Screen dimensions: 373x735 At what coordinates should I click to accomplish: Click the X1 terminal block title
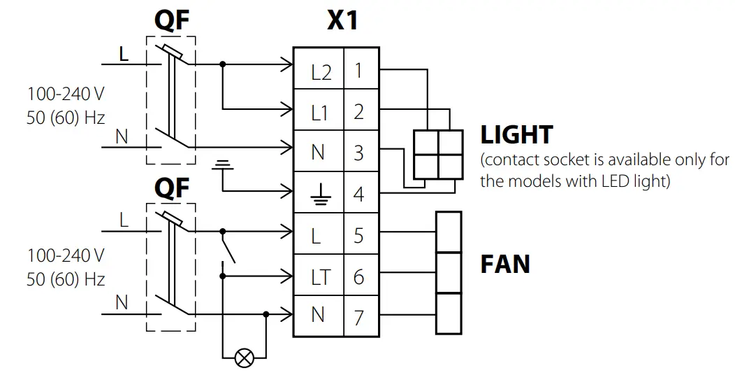[x=342, y=21]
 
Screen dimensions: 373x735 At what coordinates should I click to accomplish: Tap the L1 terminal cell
[x=319, y=112]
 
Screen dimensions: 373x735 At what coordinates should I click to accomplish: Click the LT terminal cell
[x=319, y=276]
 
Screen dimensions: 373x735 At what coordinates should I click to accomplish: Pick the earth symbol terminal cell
[x=319, y=194]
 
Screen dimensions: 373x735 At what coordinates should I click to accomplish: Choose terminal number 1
[x=358, y=71]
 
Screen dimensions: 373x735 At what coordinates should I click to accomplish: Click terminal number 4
[x=358, y=194]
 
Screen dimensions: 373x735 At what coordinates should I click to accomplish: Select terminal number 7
[x=358, y=317]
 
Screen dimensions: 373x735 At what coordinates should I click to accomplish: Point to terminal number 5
[x=358, y=235]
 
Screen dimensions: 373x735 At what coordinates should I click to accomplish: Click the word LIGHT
[x=517, y=135]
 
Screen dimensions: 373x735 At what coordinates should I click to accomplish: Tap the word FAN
[x=505, y=265]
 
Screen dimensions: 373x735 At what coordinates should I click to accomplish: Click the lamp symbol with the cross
[x=244, y=359]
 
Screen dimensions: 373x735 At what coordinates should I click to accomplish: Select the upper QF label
[x=171, y=21]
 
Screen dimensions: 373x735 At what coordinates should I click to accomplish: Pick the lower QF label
[x=171, y=187]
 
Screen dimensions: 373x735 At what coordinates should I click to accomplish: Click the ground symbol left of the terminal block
[x=223, y=165]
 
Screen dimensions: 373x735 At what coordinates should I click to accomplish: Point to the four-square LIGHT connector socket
[x=438, y=154]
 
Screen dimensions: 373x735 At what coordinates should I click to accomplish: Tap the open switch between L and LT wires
[x=227, y=247]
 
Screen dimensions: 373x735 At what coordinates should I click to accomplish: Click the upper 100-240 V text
[x=66, y=94]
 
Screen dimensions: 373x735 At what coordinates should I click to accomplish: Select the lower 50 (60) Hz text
[x=66, y=280]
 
